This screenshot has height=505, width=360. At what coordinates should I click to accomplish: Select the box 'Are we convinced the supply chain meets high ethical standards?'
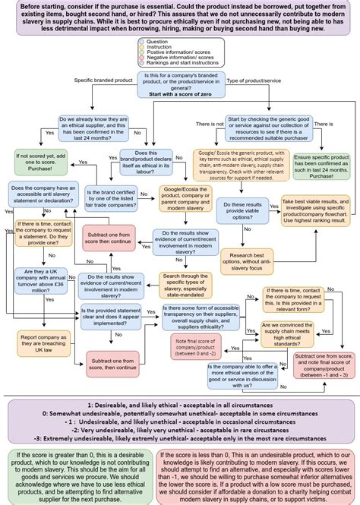click(291, 332)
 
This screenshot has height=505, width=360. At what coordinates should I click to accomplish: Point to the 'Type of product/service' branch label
click(254, 79)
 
